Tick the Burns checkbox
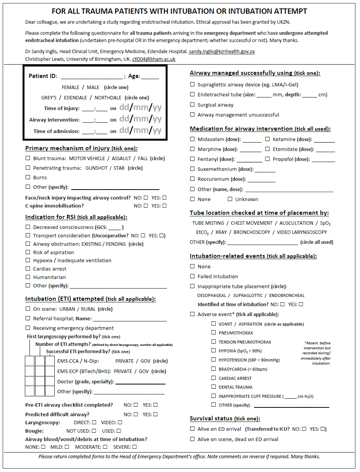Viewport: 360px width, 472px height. coord(28,177)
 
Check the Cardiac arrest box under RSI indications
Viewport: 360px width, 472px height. coord(28,269)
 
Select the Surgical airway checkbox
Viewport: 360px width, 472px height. coord(192,105)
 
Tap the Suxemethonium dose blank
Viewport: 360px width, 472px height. coord(265,169)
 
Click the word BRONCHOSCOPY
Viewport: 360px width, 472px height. coord(252,232)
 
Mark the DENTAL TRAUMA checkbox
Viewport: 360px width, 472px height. coord(213,387)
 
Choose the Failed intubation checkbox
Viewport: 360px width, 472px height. coord(192,276)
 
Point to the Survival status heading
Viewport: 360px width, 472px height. coord(225,418)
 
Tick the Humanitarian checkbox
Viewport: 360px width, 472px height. coord(28,277)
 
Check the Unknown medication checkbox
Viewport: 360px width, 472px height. coord(230,199)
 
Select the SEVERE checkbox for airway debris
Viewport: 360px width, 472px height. coord(134,447)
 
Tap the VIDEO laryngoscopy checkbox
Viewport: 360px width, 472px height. coord(120,422)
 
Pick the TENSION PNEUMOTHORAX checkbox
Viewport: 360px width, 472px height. coord(213,342)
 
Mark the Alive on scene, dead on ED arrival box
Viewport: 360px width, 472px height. coord(192,439)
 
